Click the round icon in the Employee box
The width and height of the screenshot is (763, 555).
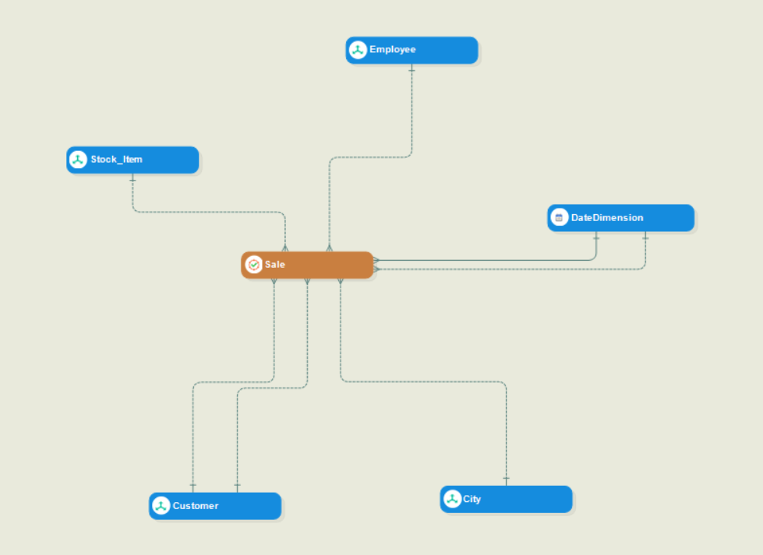(x=358, y=50)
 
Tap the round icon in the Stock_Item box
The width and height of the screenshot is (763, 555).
(x=78, y=160)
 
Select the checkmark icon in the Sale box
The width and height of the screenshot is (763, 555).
(x=253, y=265)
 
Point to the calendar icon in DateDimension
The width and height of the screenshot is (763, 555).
(x=559, y=218)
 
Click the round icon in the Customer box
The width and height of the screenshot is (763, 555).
(x=161, y=506)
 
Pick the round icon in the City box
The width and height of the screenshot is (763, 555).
(x=452, y=499)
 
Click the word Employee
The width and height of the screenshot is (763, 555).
(x=393, y=50)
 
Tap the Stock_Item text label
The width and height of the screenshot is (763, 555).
(x=116, y=160)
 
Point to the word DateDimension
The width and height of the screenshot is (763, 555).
(x=607, y=218)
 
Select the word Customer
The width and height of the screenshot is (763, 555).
(x=196, y=506)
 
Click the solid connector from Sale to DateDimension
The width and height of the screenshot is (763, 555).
(x=483, y=260)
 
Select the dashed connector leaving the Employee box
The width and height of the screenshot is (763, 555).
(x=412, y=117)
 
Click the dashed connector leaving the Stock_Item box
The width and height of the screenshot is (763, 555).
(x=203, y=212)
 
